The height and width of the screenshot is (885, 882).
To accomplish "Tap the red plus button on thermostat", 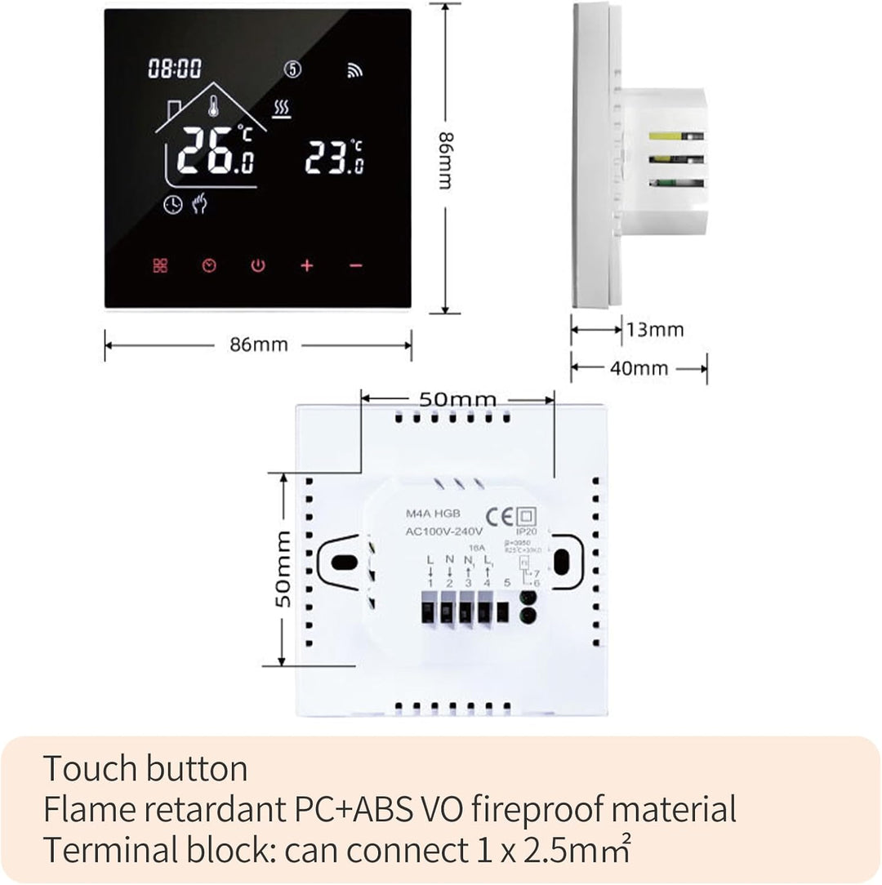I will pyautogui.click(x=306, y=266).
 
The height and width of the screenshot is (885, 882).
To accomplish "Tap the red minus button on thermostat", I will pyautogui.click(x=355, y=266).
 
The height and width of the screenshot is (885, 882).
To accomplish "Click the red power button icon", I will pyautogui.click(x=258, y=266).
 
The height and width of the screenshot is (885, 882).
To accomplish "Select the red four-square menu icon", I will pyautogui.click(x=160, y=266).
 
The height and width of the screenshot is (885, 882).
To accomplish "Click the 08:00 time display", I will pyautogui.click(x=175, y=69).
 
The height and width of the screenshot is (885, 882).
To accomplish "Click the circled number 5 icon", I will pyautogui.click(x=293, y=69).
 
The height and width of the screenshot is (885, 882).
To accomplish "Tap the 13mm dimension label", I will pyautogui.click(x=655, y=330).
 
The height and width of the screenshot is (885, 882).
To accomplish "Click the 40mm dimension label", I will pyautogui.click(x=639, y=368).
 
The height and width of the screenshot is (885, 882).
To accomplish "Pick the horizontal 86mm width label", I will pyautogui.click(x=258, y=345).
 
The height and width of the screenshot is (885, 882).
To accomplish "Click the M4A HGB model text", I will pyautogui.click(x=434, y=514).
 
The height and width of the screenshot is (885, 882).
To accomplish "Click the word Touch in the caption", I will pyautogui.click(x=90, y=769).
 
